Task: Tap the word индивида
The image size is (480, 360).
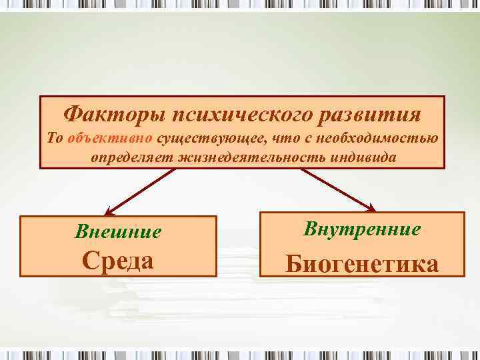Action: click(x=363, y=157)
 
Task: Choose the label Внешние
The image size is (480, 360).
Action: click(x=118, y=232)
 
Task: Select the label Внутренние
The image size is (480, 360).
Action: click(x=362, y=229)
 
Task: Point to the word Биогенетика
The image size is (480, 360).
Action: click(x=362, y=264)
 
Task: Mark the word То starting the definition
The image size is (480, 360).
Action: click(x=56, y=139)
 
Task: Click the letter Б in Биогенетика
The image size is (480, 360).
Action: click(x=293, y=264)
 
